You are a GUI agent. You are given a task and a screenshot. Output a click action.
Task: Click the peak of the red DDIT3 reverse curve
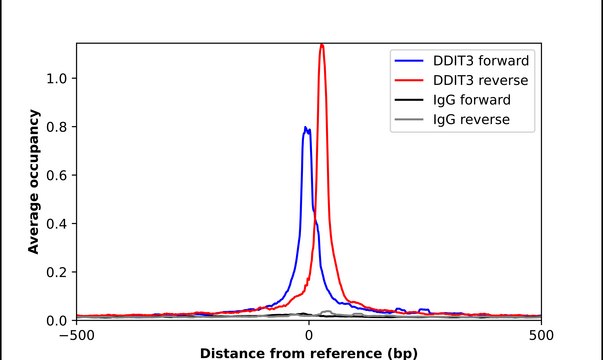[322, 45]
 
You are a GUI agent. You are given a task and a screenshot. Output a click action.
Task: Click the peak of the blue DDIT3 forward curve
[306, 128]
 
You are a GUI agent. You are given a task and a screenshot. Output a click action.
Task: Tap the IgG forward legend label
[472, 100]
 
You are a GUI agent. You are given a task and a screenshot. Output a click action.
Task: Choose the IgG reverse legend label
[471, 120]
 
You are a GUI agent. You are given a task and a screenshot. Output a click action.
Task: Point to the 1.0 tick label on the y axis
[55, 78]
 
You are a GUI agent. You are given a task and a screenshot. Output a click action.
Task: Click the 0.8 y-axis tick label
[55, 127]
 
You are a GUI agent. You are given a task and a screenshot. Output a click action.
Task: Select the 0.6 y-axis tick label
[55, 175]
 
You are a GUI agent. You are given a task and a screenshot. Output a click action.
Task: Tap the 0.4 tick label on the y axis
[55, 224]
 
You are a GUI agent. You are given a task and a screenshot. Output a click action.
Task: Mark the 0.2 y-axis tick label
[55, 272]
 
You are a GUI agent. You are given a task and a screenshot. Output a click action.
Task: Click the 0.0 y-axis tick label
[55, 321]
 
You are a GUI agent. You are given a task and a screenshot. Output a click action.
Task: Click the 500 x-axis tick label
[541, 336]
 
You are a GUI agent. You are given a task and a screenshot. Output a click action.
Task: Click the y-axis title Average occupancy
[33, 182]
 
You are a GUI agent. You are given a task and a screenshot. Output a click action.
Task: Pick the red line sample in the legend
[411, 80]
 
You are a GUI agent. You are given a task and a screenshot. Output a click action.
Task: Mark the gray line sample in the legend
[411, 120]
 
